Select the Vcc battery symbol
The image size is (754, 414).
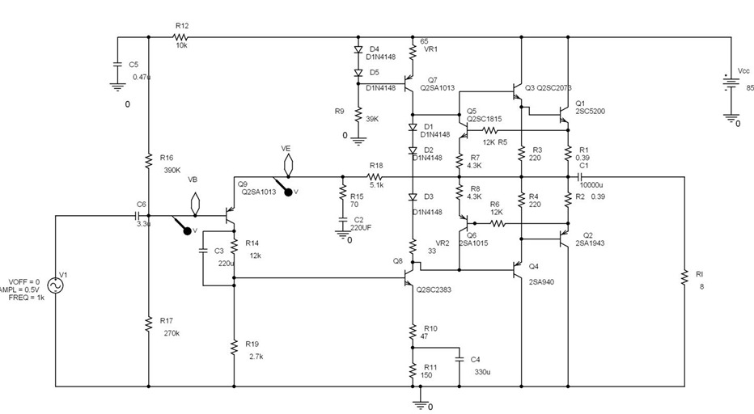point(731,84)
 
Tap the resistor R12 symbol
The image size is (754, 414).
point(181,37)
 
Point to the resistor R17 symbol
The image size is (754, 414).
point(149,324)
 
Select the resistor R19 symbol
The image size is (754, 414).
point(234,347)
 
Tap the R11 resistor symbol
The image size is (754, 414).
point(413,370)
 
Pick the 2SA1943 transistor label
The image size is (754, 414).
point(590,243)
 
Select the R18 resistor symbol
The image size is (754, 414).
point(375,176)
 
